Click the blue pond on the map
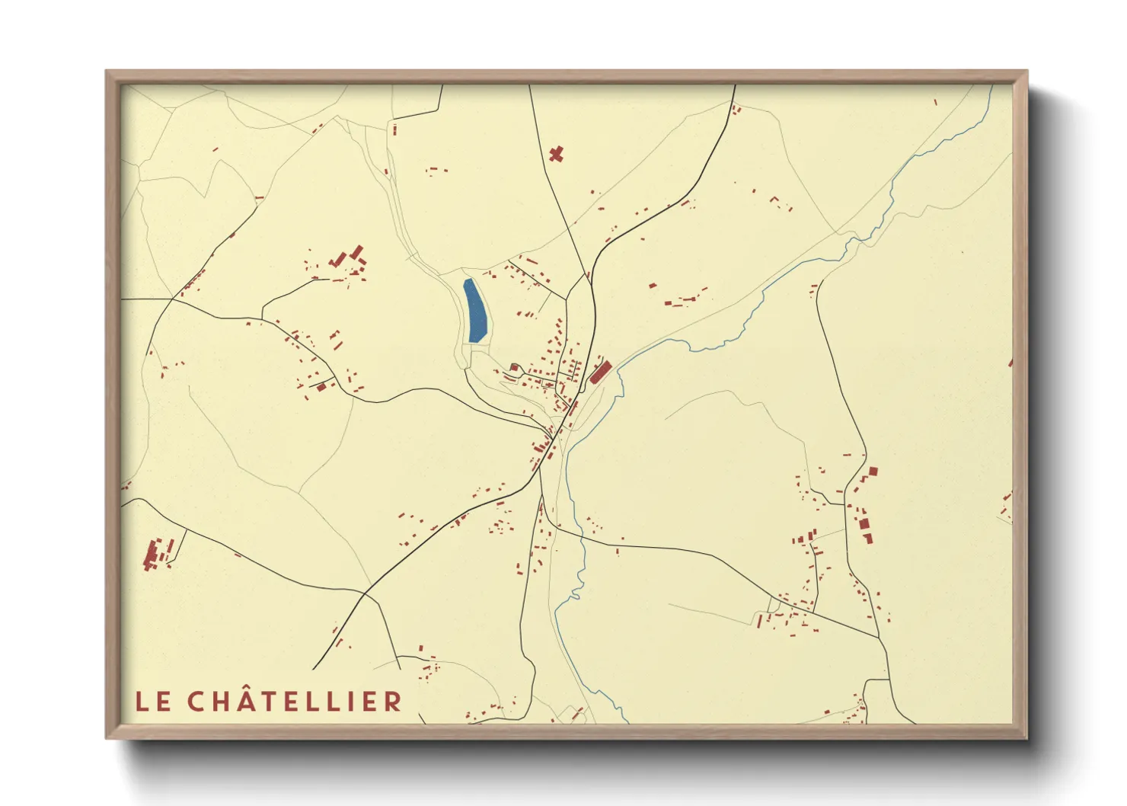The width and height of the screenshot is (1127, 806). (x=475, y=311)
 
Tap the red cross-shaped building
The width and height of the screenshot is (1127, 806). (x=556, y=154)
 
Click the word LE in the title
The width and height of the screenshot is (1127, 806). (x=153, y=702)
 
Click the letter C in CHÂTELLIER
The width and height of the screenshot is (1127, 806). (x=198, y=702)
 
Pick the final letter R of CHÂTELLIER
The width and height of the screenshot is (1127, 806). (x=392, y=702)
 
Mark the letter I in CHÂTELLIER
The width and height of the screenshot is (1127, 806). (x=352, y=702)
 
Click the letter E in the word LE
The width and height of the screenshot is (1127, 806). (x=164, y=702)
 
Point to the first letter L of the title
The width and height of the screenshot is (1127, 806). (x=142, y=702)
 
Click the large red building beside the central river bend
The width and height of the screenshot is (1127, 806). (x=601, y=372)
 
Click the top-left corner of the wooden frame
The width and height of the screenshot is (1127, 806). (x=107, y=72)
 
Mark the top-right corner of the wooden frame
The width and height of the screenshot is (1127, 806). (x=1026, y=72)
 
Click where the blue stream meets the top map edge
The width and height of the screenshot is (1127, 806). (x=992, y=85)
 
